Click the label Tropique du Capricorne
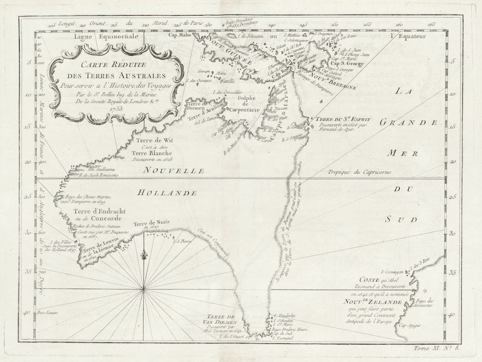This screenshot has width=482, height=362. (x=359, y=173)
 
